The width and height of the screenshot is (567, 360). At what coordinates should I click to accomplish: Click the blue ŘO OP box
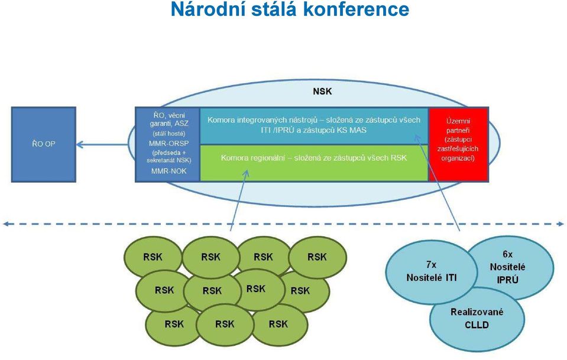tap(44, 144)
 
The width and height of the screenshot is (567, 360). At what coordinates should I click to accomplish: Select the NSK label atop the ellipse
tap(322, 92)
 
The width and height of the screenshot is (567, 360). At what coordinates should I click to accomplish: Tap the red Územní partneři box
tap(458, 144)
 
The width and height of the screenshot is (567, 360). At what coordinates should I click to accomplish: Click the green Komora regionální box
tap(314, 163)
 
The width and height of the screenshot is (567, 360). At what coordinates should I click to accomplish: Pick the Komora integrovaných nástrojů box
tap(314, 126)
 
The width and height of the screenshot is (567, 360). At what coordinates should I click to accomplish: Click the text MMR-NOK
tap(169, 171)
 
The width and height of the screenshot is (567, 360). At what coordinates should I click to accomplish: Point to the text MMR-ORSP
tap(169, 144)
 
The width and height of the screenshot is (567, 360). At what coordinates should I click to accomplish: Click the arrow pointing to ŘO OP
tap(102, 145)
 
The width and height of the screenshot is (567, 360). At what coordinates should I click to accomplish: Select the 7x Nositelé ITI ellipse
tap(432, 272)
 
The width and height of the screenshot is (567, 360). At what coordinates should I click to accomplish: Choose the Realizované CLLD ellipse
tap(477, 319)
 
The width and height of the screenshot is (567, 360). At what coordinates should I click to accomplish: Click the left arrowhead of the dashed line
tap(5, 224)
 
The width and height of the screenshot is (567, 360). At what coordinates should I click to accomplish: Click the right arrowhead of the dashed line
tap(561, 224)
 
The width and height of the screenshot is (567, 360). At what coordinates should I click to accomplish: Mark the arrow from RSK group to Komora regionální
tap(239, 200)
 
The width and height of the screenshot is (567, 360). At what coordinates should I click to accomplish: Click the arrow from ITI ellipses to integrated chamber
tap(437, 183)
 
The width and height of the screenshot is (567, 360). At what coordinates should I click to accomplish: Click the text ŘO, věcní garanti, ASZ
tap(169, 119)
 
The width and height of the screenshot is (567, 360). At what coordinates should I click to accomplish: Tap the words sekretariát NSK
tap(169, 160)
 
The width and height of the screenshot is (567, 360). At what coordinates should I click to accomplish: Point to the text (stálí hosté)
tap(169, 134)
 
